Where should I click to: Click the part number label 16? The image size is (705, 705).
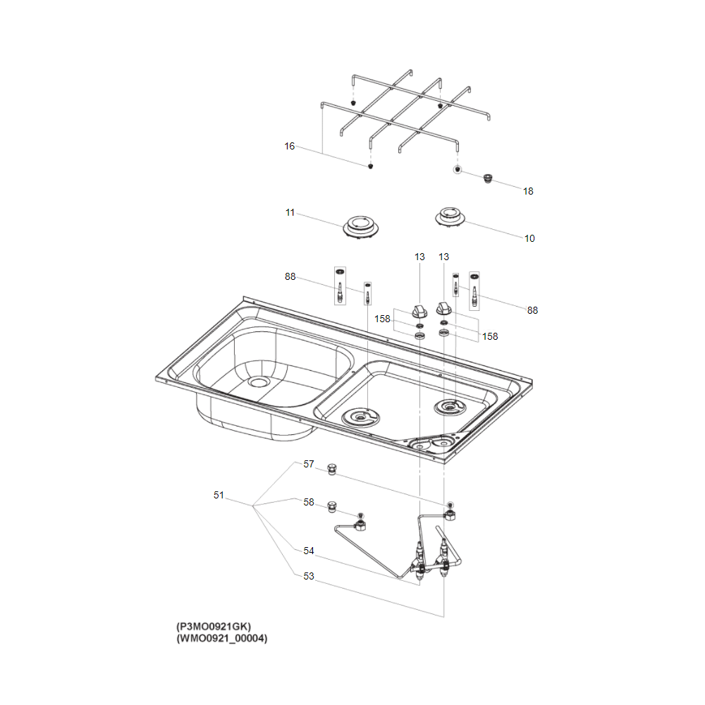pyautogui.click(x=289, y=147)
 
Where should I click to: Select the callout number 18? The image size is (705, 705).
pyautogui.click(x=528, y=191)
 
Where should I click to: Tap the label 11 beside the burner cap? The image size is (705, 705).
pyautogui.click(x=290, y=212)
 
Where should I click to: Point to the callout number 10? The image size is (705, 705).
pyautogui.click(x=529, y=238)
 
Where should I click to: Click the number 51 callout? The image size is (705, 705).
pyautogui.click(x=219, y=496)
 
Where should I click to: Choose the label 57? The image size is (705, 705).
pyautogui.click(x=309, y=465)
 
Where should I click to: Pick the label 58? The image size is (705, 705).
pyautogui.click(x=309, y=503)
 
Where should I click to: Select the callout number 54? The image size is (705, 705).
pyautogui.click(x=309, y=551)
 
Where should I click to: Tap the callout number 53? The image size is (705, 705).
pyautogui.click(x=309, y=577)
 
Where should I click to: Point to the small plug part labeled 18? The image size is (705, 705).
pyautogui.click(x=486, y=178)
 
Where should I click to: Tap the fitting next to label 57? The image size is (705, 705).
pyautogui.click(x=331, y=469)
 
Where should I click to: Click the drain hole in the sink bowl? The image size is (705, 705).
pyautogui.click(x=259, y=381)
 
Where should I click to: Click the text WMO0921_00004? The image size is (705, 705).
pyautogui.click(x=222, y=639)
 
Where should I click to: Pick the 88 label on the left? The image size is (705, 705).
pyautogui.click(x=290, y=276)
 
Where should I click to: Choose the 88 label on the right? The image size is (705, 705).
pyautogui.click(x=532, y=309)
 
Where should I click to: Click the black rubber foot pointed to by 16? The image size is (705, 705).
pyautogui.click(x=371, y=166)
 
